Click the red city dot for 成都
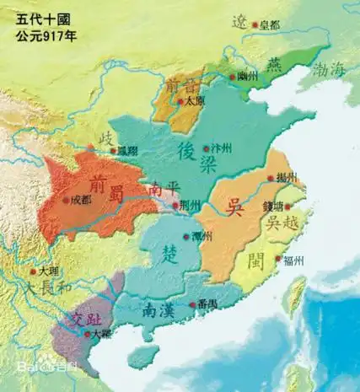coord(67,200)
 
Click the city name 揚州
coord(287,179)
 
